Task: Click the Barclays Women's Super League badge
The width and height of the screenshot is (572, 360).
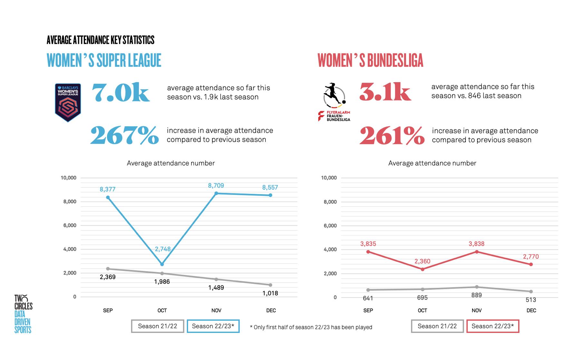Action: pyautogui.click(x=68, y=103)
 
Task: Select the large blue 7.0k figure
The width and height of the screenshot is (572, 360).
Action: pyautogui.click(x=120, y=93)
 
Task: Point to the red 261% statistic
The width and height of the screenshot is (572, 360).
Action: pyautogui.click(x=392, y=136)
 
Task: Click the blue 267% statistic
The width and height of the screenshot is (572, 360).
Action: pyautogui.click(x=124, y=135)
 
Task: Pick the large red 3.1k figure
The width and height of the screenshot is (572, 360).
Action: pyautogui.click(x=385, y=92)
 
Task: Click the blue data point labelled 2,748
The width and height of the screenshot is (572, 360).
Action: pyautogui.click(x=162, y=264)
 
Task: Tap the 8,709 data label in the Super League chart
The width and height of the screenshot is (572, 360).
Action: pyautogui.click(x=216, y=186)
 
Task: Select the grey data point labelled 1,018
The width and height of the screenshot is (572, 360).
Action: pyautogui.click(x=270, y=285)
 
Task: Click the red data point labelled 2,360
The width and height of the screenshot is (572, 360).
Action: pyautogui.click(x=422, y=269)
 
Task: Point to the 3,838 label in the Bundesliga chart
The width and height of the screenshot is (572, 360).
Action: pyautogui.click(x=476, y=244)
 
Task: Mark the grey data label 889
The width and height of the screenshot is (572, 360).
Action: pyautogui.click(x=476, y=295)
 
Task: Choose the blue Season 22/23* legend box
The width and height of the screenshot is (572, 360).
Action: pyautogui.click(x=213, y=326)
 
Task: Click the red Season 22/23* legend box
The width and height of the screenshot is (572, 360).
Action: pyautogui.click(x=492, y=326)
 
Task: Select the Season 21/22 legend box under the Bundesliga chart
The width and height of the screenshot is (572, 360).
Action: pyautogui.click(x=437, y=326)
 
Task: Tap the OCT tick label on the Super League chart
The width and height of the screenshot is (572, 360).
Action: pyautogui.click(x=162, y=310)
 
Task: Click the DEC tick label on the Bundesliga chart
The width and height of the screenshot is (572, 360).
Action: pyautogui.click(x=531, y=310)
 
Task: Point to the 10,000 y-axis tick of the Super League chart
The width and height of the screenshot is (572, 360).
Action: pyautogui.click(x=69, y=178)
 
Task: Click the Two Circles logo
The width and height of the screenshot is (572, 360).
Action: pyautogui.click(x=23, y=314)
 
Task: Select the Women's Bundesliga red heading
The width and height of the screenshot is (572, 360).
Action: pyautogui.click(x=370, y=60)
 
